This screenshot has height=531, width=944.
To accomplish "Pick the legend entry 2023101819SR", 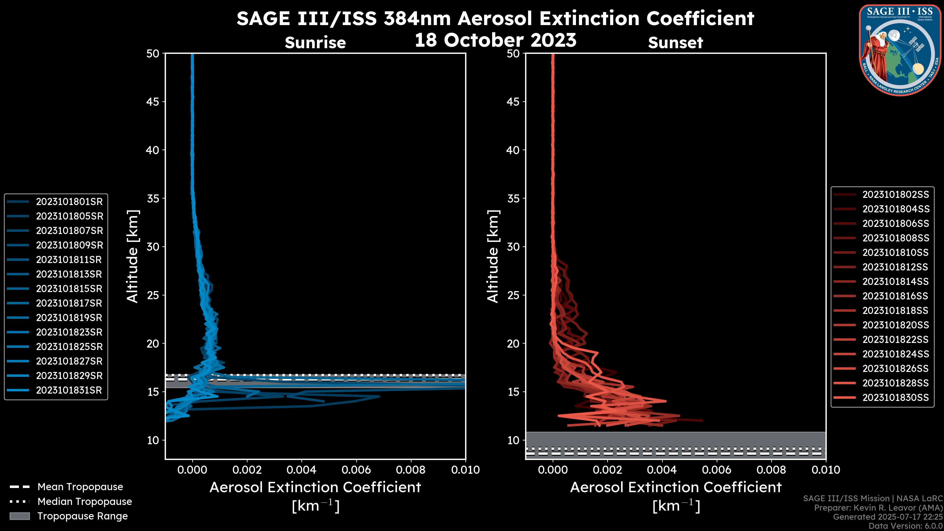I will (69, 317).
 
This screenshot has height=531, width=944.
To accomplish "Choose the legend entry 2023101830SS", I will (896, 397).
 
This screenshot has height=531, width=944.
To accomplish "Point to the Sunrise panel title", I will (315, 43).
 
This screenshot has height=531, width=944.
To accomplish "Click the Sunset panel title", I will (675, 43).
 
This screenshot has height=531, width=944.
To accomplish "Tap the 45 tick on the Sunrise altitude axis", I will (153, 102).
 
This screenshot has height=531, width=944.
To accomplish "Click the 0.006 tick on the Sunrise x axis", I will (356, 470).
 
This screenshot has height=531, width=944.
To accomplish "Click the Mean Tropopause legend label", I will (80, 487).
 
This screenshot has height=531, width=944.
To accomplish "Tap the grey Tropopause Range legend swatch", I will (19, 516).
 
